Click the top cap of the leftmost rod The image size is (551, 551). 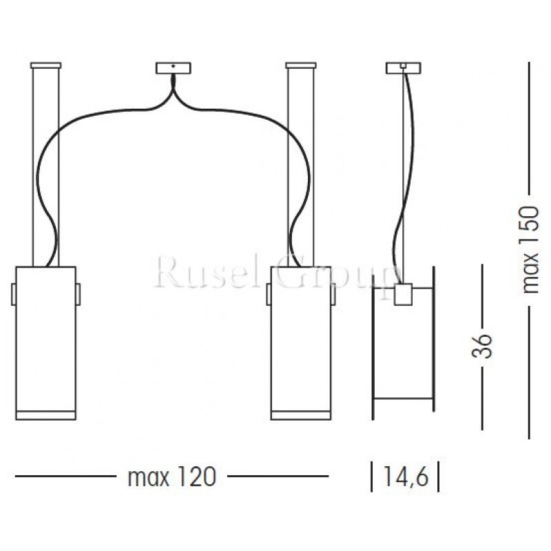(x=46, y=65)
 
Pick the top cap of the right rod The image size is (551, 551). (x=300, y=65)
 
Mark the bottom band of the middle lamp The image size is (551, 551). (x=300, y=414)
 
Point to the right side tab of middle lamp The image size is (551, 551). (x=333, y=294)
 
